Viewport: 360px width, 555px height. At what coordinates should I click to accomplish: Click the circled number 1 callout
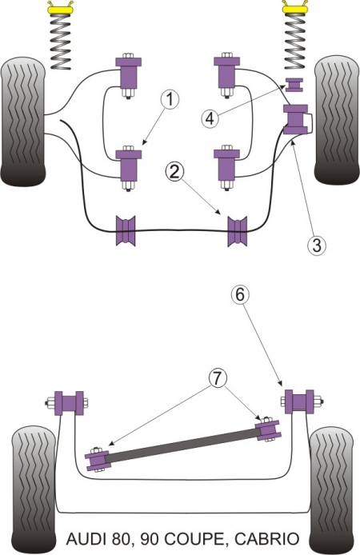pos(170,100)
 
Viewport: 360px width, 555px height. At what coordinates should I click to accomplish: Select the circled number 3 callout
pos(316,246)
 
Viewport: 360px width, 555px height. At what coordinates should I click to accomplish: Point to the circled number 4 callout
pos(210,118)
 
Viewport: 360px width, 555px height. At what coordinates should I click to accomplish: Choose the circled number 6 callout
pos(240,294)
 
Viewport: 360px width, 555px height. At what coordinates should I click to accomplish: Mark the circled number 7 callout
pos(218,379)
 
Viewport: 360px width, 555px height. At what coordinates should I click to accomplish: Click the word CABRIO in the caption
pos(267,540)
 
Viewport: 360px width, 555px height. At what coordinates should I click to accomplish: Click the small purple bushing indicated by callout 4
pos(294,85)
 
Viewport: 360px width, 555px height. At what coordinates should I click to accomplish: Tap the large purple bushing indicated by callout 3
pos(295,120)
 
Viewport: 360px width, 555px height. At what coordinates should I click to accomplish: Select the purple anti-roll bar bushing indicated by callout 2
pos(238,231)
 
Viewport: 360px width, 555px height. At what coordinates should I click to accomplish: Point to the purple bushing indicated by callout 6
pos(299,401)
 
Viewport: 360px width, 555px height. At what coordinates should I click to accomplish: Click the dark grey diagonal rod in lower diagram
pos(182,445)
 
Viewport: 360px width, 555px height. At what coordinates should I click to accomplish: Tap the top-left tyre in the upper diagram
pos(23,121)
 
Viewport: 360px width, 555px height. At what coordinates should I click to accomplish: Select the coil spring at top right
pos(294,42)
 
